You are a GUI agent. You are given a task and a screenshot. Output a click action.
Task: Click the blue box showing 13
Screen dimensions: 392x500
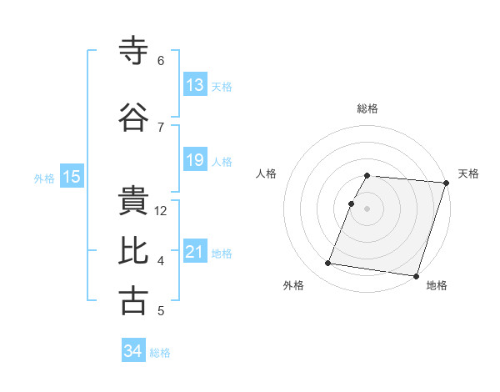(x=195, y=85)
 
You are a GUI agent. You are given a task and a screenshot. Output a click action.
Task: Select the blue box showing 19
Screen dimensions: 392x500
(x=195, y=160)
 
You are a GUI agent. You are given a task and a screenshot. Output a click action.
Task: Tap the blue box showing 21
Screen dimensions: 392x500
(x=195, y=252)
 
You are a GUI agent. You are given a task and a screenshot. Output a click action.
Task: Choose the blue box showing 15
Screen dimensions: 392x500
(x=72, y=177)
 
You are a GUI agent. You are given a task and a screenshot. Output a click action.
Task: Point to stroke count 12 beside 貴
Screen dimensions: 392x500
(x=162, y=211)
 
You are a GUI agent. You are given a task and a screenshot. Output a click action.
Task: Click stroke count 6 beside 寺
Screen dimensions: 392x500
(x=161, y=61)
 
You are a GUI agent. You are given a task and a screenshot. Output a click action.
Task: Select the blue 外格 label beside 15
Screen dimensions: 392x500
(x=44, y=178)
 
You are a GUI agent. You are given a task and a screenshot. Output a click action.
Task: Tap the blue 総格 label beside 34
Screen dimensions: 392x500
(x=160, y=353)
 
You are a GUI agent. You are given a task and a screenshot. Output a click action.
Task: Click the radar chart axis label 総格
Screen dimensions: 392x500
(x=367, y=108)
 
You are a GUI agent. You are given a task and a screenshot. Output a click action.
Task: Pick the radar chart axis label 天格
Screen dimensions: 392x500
(x=468, y=173)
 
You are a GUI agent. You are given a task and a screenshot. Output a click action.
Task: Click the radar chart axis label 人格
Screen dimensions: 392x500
(x=267, y=173)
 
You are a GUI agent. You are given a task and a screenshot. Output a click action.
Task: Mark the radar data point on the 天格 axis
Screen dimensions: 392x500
(x=446, y=183)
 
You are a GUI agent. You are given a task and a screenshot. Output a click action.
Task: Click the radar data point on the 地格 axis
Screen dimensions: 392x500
(x=416, y=275)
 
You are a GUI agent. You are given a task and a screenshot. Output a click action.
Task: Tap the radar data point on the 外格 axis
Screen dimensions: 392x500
(x=328, y=264)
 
